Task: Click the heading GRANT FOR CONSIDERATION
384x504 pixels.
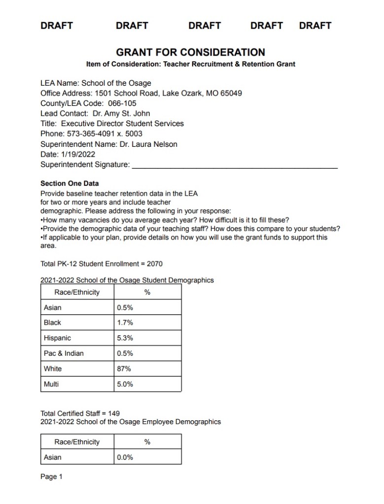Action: [x=190, y=52]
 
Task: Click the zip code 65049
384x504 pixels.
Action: [x=231, y=93]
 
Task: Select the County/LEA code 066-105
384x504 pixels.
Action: [x=121, y=103]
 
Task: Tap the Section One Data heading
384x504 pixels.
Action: [x=70, y=184]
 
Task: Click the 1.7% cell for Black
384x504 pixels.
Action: [x=125, y=323]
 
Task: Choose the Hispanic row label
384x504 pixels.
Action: [x=57, y=338]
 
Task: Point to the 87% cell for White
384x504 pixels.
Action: [x=124, y=369]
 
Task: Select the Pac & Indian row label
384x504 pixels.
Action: [x=64, y=353]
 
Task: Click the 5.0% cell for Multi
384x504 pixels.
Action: [x=125, y=384]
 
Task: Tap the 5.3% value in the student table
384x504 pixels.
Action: [x=125, y=338]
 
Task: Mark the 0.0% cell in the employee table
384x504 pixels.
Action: [x=125, y=457]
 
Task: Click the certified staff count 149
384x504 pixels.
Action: [x=114, y=413]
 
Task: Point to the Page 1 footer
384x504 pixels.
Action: [x=51, y=476]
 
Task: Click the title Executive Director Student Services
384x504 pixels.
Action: [x=122, y=124]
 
